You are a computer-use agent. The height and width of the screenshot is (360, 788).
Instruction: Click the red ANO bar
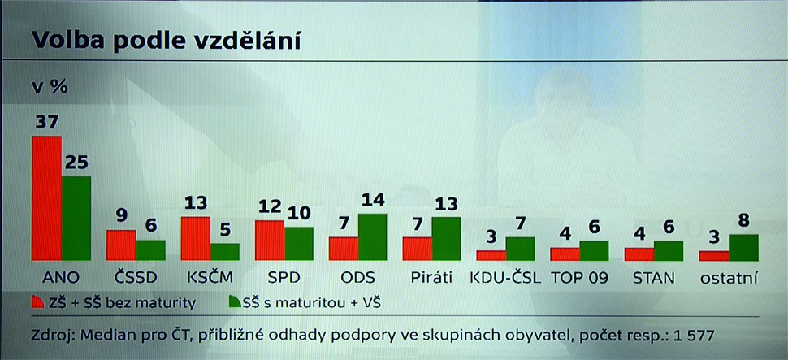click(x=47, y=198)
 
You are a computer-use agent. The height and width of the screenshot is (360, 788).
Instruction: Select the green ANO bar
click(x=76, y=219)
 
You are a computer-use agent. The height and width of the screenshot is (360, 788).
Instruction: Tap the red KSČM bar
click(x=196, y=238)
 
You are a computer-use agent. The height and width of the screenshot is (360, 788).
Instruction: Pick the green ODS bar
click(x=372, y=236)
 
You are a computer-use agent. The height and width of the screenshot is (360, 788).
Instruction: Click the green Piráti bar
click(x=446, y=238)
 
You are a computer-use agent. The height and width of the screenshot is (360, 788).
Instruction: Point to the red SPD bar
click(x=270, y=241)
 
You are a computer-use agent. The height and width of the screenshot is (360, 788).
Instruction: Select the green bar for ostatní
click(x=744, y=247)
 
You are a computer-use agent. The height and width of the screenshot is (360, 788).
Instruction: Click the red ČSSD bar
click(x=121, y=245)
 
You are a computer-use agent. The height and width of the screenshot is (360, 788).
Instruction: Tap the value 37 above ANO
click(x=46, y=122)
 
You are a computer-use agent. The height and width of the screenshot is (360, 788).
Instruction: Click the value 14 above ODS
click(x=372, y=200)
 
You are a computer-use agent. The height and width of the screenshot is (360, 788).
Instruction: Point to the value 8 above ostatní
click(x=744, y=221)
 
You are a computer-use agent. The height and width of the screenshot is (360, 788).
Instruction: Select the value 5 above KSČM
click(x=225, y=230)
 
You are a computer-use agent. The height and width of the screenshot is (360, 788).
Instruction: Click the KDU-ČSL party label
click(x=505, y=278)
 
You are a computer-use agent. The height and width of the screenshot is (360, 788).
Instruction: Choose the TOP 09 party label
click(x=579, y=278)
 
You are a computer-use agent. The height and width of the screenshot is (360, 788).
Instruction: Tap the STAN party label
click(x=653, y=278)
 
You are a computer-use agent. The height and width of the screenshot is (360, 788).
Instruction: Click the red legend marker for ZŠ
click(x=38, y=301)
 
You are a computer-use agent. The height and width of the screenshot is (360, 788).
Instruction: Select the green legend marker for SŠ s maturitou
click(x=236, y=301)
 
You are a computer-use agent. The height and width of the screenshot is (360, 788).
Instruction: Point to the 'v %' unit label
click(x=50, y=88)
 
